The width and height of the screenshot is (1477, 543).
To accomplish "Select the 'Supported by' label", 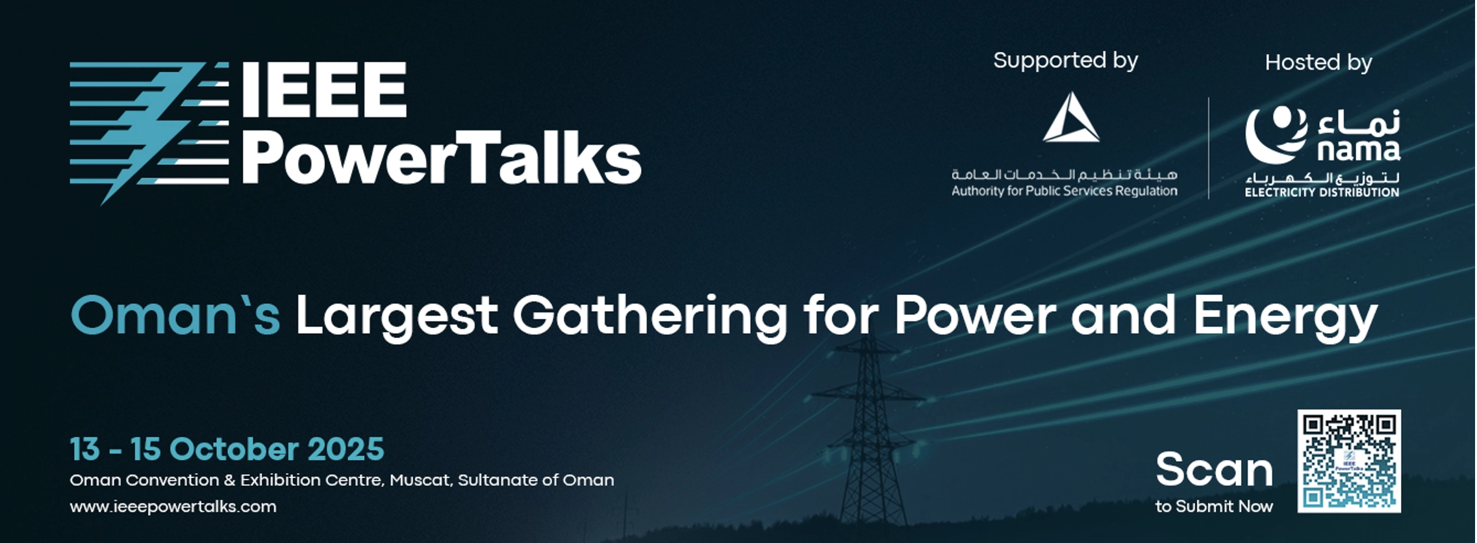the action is [x=1065, y=61].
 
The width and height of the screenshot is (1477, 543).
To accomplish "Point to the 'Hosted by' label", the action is [x=1319, y=62].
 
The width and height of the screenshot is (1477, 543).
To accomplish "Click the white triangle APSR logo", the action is [x=1071, y=118].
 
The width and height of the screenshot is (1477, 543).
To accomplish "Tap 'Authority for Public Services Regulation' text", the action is [x=1065, y=191].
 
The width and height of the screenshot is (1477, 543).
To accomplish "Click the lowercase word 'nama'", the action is [x=1359, y=151].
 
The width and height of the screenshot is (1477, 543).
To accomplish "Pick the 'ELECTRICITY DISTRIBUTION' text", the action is [x=1322, y=192].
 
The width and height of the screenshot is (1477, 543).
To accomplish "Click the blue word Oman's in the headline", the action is [x=175, y=316].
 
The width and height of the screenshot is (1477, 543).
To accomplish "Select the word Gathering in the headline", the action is [x=650, y=318].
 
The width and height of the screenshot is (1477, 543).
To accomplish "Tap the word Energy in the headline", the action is [x=1286, y=318].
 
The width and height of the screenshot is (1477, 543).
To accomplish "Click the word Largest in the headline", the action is [x=397, y=318].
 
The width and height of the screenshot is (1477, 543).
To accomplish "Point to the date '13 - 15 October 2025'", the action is [x=227, y=449].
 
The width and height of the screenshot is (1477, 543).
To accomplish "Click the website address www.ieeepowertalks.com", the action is [x=173, y=507].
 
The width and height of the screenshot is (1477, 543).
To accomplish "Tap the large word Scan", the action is [x=1214, y=470].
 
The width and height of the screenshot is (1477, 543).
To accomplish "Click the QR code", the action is [x=1349, y=461].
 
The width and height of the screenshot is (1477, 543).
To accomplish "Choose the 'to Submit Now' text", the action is [x=1214, y=507].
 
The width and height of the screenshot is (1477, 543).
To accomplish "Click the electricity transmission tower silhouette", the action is [x=868, y=435].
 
